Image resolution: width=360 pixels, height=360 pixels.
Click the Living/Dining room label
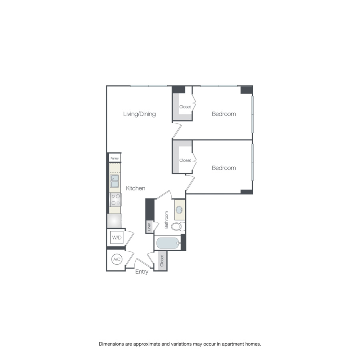coord(139,114)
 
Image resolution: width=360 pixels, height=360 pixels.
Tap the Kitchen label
coord(136,188)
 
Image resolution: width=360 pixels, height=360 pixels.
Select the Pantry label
coord(115,158)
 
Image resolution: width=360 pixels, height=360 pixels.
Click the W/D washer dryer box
coord(117,238)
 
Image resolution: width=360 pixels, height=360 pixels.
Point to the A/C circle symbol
coord(117,260)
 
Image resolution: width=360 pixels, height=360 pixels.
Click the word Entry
coord(142,272)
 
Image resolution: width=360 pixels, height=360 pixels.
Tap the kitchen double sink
coord(114,181)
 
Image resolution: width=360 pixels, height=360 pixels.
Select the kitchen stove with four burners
coord(115,199)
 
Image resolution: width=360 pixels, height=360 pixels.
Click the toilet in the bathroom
coord(177,227)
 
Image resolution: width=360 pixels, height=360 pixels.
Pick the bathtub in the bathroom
coord(168,243)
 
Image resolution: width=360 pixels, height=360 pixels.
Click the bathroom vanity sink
coord(180,209)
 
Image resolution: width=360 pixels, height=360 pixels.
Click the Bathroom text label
coord(166,220)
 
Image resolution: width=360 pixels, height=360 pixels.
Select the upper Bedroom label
coord(224,114)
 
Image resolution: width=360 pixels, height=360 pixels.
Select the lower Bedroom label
coord(224,168)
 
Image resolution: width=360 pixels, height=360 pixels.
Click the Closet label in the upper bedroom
coord(185,107)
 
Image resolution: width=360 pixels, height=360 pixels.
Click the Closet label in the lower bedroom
coord(185,160)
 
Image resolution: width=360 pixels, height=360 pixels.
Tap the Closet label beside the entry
coord(162,261)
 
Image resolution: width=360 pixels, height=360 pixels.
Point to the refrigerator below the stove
coord(114,221)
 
